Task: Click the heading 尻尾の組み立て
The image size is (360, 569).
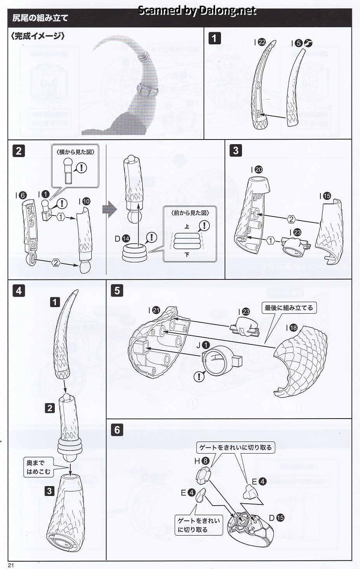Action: [40, 18]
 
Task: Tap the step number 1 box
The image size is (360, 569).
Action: [214, 38]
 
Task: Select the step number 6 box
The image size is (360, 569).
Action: [117, 429]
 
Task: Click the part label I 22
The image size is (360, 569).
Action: [259, 42]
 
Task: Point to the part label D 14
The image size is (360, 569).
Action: [122, 239]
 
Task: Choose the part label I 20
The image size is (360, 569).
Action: [257, 169]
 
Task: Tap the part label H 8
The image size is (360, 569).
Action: [202, 461]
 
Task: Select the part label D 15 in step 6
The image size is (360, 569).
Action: [277, 517]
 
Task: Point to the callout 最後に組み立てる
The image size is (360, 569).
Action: [289, 308]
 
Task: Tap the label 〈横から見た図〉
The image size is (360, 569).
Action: [75, 152]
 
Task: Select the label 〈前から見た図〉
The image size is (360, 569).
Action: [190, 213]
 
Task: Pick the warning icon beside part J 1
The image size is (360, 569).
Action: [199, 376]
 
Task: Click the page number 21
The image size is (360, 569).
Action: [11, 565]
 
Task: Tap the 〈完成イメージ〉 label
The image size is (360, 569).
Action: [38, 36]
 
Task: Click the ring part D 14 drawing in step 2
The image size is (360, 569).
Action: [134, 253]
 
